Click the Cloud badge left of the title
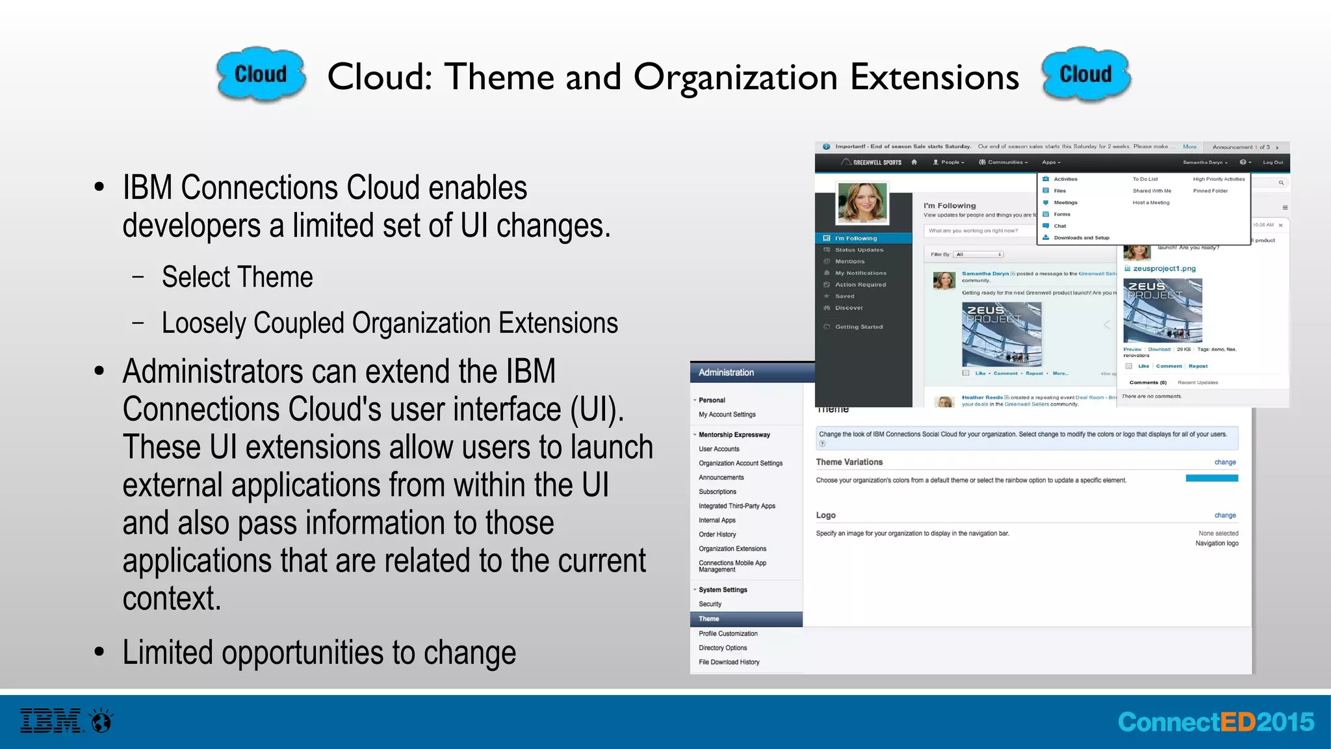point(261,74)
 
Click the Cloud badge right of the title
point(1085,74)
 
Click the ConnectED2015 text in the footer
point(1215,722)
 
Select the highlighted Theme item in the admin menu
point(709,619)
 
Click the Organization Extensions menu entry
point(732,549)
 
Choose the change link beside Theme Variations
point(1225,462)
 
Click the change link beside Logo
point(1225,516)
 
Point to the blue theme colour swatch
point(1211,479)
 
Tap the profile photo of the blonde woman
point(862,203)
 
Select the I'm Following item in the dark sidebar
point(856,239)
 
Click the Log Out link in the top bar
point(1273,163)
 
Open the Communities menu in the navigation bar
point(1005,163)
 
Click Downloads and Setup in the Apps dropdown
point(1081,238)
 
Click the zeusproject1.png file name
point(1164,269)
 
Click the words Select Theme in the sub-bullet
point(237,278)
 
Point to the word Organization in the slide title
point(736,77)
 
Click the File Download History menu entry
point(729,662)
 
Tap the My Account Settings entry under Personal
point(727,414)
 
